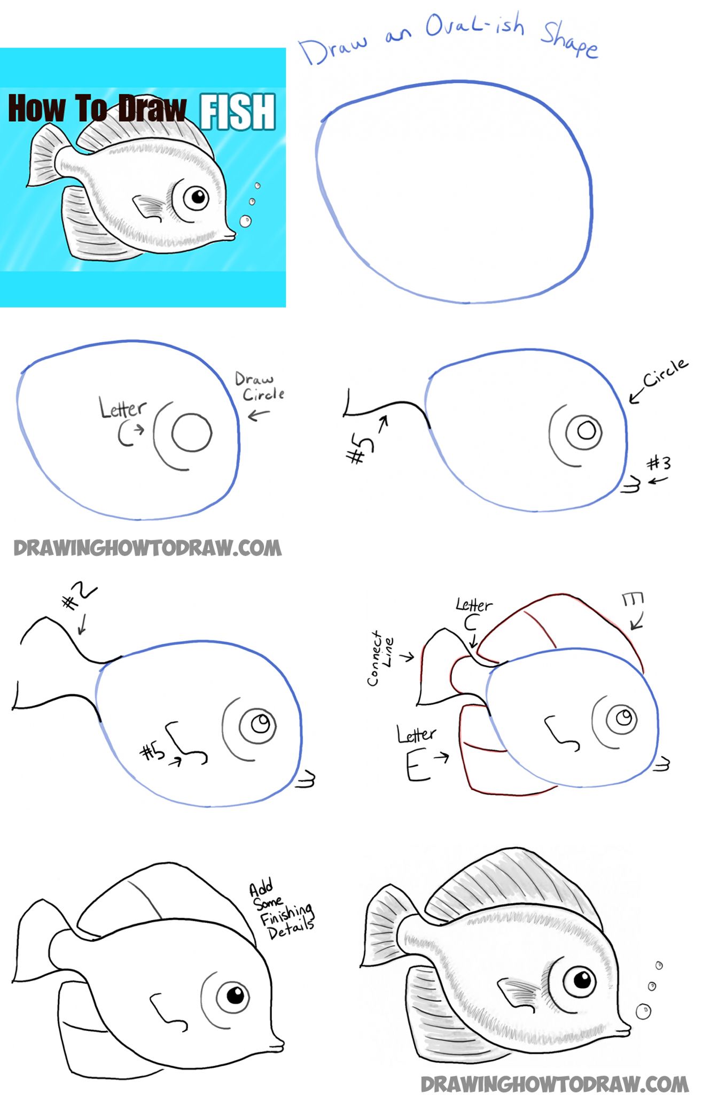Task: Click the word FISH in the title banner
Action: (x=238, y=111)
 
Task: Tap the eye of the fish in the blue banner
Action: (x=197, y=198)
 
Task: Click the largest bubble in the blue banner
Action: (x=245, y=221)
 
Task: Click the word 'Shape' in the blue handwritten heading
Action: (x=569, y=40)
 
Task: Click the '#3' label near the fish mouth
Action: (x=658, y=462)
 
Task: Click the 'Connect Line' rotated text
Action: (x=380, y=657)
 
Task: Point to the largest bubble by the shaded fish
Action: (x=643, y=1011)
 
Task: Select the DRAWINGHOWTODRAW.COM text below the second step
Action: (x=147, y=547)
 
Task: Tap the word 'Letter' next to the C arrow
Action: (x=122, y=409)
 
